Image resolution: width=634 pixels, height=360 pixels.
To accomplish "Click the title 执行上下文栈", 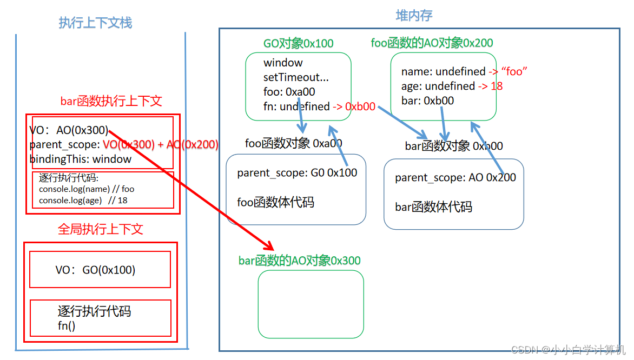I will (95, 23).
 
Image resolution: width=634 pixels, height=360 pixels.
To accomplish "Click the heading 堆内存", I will (414, 16).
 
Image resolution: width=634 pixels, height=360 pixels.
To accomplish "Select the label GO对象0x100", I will (298, 43).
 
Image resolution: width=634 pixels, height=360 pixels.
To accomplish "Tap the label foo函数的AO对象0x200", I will (432, 43).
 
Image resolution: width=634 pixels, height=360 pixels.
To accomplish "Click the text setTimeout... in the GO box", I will (296, 77).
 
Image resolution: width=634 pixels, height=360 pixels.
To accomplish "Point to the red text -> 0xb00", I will (354, 106).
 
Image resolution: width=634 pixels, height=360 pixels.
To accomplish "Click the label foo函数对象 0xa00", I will (293, 143).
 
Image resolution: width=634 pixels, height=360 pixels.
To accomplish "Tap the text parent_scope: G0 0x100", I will (297, 173).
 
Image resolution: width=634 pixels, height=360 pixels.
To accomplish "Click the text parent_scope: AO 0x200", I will (455, 177).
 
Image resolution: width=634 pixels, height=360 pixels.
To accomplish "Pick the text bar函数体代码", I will (433, 206).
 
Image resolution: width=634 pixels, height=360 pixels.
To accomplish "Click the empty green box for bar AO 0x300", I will (311, 304).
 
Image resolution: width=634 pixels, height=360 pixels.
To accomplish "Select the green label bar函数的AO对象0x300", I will (299, 261).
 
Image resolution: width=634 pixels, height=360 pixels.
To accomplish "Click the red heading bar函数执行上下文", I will (111, 101).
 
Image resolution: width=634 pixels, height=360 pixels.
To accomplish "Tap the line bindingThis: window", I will (80, 159).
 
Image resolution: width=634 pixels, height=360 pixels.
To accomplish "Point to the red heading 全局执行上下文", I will (100, 229).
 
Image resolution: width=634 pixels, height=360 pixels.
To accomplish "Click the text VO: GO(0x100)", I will (95, 270).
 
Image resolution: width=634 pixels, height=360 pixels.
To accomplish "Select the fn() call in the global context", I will (67, 325).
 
